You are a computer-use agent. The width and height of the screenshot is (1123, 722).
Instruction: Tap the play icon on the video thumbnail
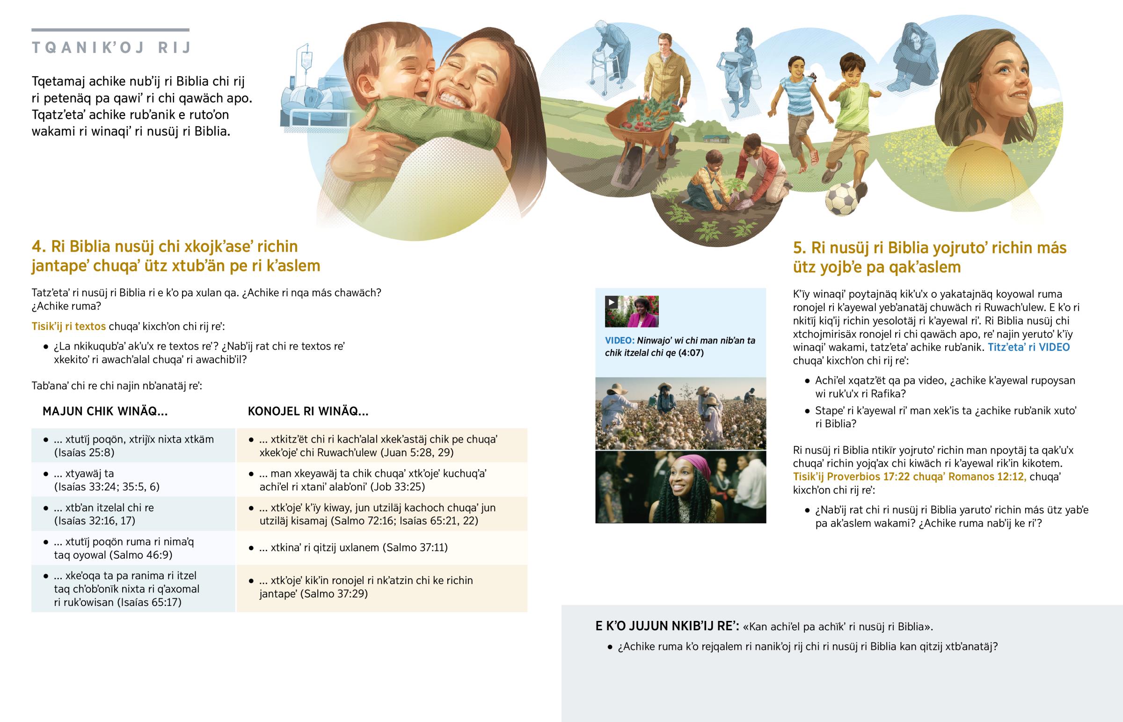611,302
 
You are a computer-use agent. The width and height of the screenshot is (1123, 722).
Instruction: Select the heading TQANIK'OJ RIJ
111,47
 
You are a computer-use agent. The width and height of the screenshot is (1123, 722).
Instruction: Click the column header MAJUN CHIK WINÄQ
105,411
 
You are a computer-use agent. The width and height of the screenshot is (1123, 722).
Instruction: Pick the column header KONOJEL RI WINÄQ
308,411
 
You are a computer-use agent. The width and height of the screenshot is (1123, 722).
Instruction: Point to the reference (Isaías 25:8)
84,452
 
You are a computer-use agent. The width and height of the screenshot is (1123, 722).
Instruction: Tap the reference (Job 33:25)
397,487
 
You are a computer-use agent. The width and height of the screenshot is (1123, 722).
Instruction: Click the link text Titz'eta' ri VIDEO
1029,347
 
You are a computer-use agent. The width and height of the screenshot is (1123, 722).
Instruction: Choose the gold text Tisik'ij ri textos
68,326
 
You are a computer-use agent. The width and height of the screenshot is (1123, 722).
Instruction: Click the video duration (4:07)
691,353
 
